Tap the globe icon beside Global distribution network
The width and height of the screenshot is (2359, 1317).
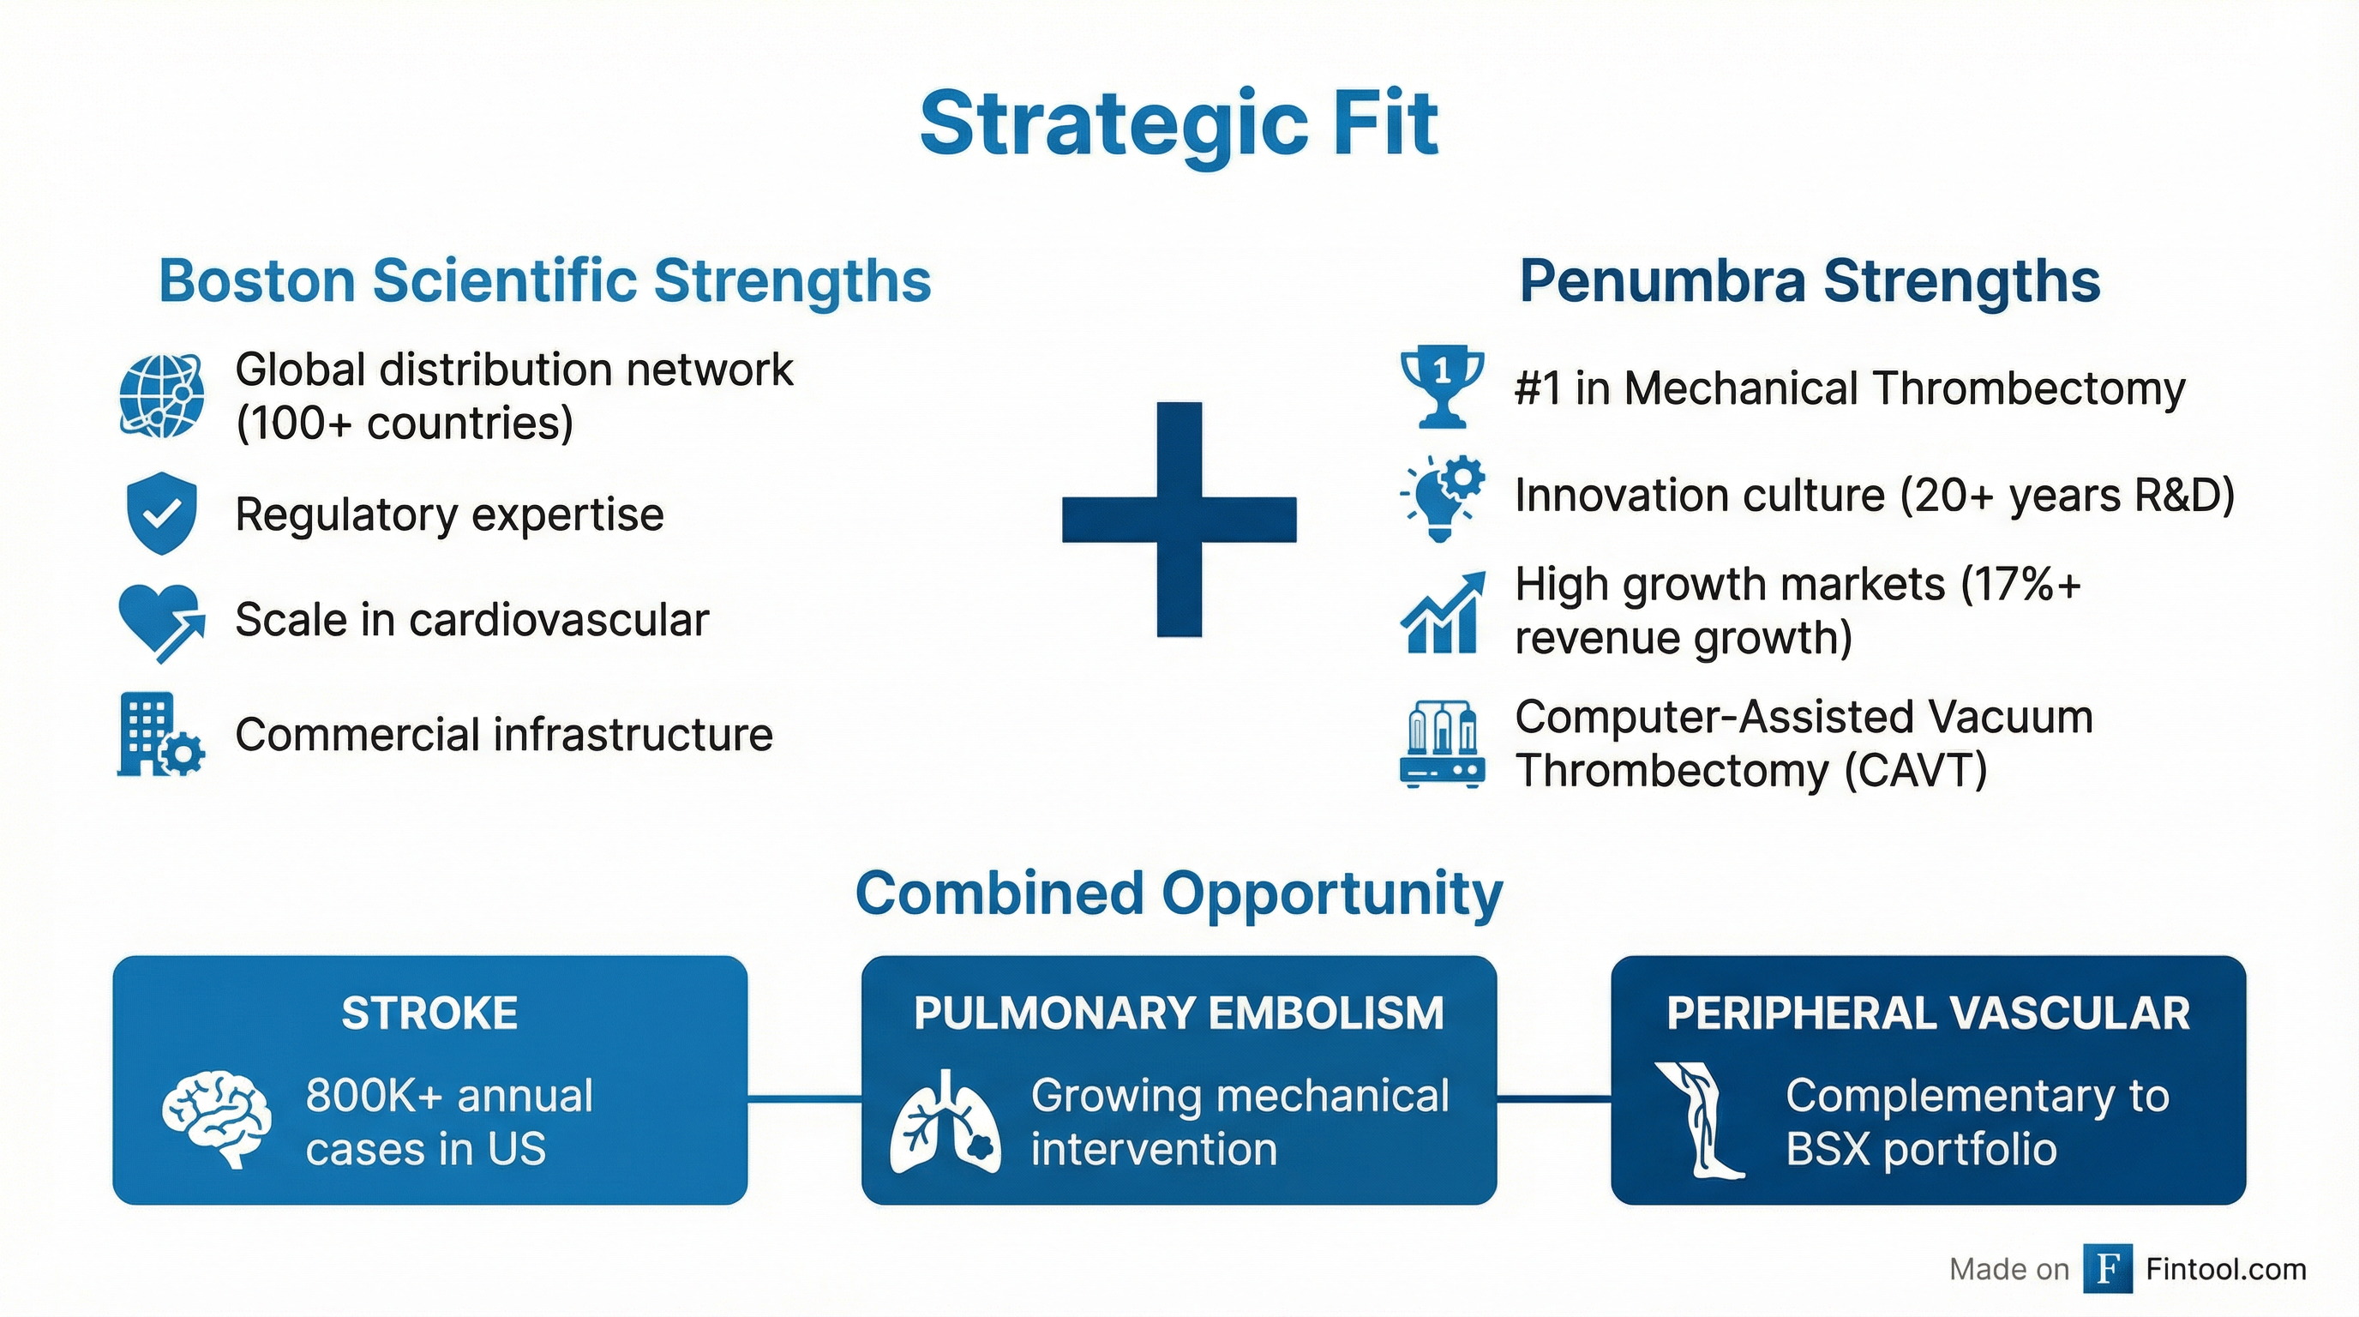[162, 395]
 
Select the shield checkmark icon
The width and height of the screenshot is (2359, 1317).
[161, 514]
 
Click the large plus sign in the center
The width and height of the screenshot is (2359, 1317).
[1179, 520]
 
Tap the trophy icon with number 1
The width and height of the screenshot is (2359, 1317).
[1442, 387]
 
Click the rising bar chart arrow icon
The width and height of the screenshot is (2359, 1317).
[1443, 612]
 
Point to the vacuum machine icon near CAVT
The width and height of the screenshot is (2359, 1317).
[1443, 743]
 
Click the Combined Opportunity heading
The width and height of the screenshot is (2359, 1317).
[1179, 894]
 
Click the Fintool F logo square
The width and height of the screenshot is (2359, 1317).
[2107, 1268]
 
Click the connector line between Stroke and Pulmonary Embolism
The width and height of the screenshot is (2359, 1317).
[804, 1097]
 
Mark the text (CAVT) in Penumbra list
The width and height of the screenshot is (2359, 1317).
[1915, 771]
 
